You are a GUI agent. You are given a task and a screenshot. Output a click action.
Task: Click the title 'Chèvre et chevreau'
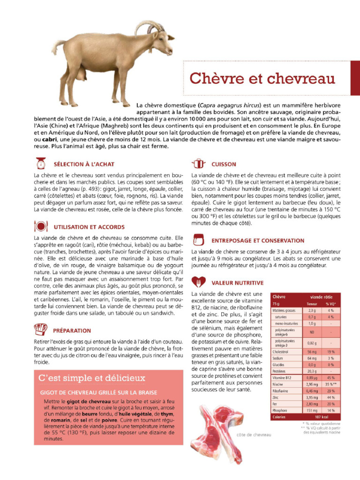tap(262, 78)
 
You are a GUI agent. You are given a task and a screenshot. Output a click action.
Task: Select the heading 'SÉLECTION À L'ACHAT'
tap(84, 165)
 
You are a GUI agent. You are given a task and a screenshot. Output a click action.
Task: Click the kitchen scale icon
tap(41, 164)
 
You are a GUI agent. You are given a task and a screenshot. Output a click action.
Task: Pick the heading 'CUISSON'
tap(224, 165)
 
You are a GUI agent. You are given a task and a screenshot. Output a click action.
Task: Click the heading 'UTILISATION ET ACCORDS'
tap(89, 227)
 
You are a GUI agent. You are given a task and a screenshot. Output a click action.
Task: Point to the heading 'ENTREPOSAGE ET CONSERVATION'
tap(258, 240)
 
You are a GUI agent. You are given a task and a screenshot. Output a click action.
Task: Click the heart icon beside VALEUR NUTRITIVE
tap(199, 283)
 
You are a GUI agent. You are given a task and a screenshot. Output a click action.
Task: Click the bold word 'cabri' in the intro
tap(51, 140)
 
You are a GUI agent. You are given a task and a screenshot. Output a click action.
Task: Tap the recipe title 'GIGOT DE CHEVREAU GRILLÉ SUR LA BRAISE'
tap(99, 392)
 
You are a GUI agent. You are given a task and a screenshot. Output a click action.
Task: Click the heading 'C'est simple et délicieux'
tap(92, 378)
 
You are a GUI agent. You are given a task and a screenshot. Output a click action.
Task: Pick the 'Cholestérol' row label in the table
tap(281, 351)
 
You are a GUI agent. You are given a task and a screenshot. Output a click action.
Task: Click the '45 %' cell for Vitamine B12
tap(330, 377)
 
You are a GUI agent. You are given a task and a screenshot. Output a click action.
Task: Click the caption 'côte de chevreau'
tap(254, 435)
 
